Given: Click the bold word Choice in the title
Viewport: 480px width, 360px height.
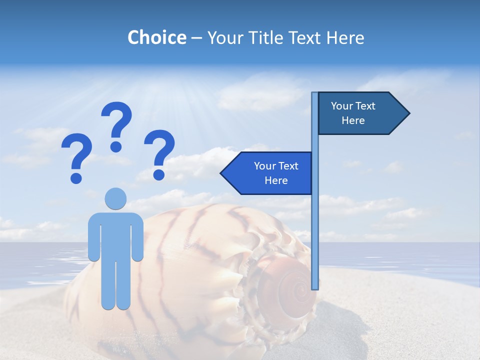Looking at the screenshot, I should pyautogui.click(x=156, y=37).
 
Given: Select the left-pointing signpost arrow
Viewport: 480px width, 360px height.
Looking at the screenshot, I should pyautogui.click(x=267, y=173).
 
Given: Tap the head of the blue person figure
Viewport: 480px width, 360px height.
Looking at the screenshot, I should pyautogui.click(x=116, y=198).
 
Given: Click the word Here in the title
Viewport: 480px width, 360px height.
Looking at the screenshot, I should pyautogui.click(x=345, y=37).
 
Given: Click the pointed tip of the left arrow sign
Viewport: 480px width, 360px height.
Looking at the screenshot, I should pyautogui.click(x=222, y=173).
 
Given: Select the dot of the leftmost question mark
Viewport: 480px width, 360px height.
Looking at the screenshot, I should pyautogui.click(x=76, y=178).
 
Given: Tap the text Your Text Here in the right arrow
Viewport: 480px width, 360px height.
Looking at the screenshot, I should pyautogui.click(x=353, y=113).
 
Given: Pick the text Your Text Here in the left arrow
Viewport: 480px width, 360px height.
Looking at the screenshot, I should pyautogui.click(x=276, y=173).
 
